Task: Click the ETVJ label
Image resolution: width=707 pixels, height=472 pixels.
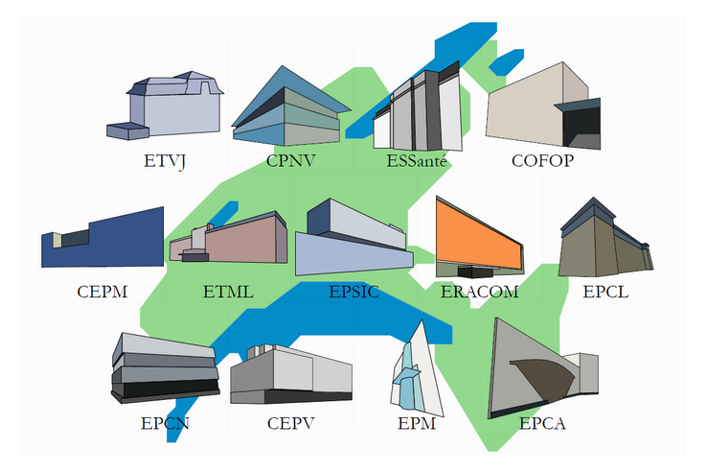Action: pyautogui.click(x=164, y=160)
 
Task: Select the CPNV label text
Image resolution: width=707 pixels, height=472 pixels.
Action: pyautogui.click(x=291, y=160)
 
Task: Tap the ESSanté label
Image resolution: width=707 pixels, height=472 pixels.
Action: pyautogui.click(x=417, y=160)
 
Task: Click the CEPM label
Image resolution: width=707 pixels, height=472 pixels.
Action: pyautogui.click(x=103, y=291)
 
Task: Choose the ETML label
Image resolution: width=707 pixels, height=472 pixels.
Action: pyautogui.click(x=228, y=291)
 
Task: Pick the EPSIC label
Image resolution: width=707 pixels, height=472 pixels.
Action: pyautogui.click(x=353, y=291)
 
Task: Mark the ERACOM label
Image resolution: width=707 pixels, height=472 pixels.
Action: pyautogui.click(x=480, y=291)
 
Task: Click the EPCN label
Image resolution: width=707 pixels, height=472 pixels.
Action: pyautogui.click(x=165, y=421)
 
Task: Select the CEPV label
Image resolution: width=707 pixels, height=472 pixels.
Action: pyautogui.click(x=291, y=421)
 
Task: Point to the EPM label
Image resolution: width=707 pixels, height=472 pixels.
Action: pyautogui.click(x=417, y=421)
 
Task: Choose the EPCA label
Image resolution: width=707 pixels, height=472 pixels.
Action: pyautogui.click(x=542, y=421)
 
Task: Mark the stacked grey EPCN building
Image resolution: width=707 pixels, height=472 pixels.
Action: pyautogui.click(x=163, y=369)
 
